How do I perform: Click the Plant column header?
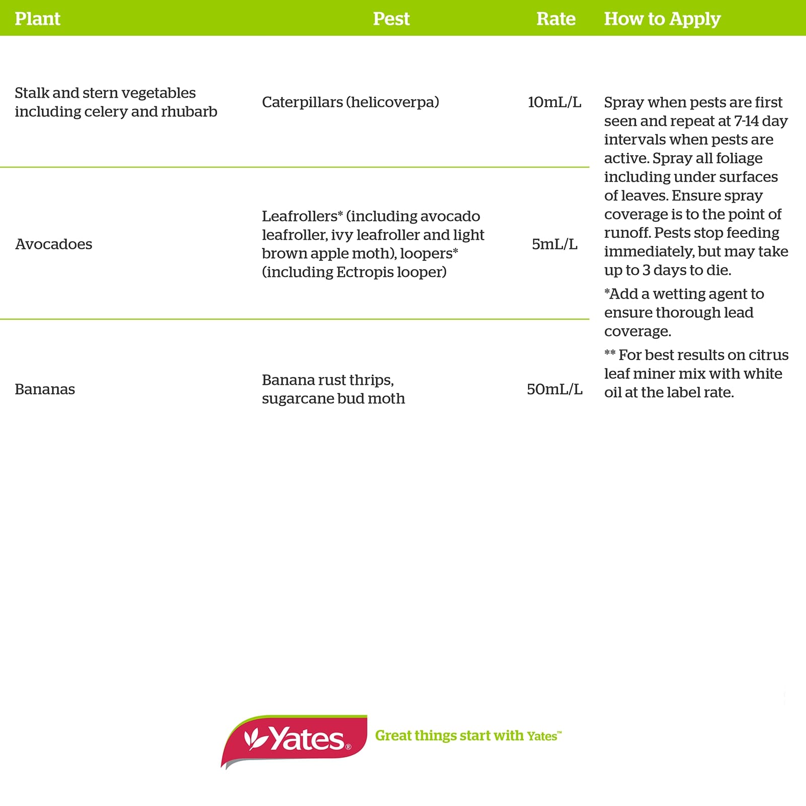(37, 19)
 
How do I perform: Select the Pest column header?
(391, 19)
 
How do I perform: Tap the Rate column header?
(556, 19)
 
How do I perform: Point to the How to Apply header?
(662, 19)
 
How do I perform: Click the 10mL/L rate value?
(554, 102)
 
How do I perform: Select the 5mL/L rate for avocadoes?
(554, 244)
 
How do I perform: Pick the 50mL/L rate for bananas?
(554, 389)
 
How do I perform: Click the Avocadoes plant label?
(53, 244)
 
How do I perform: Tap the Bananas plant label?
(45, 389)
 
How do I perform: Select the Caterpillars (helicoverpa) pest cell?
(350, 102)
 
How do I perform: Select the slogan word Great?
(393, 736)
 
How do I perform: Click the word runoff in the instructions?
(626, 233)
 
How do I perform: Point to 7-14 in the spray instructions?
(746, 121)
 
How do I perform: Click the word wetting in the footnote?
(680, 294)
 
